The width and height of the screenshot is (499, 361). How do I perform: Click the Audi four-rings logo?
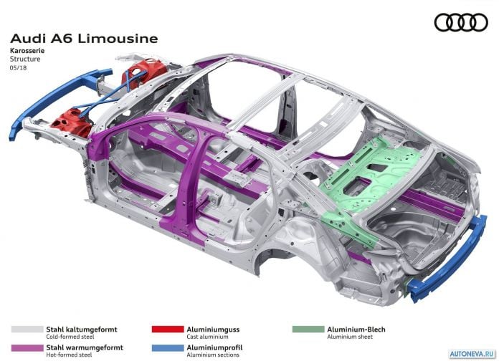click(x=461, y=22)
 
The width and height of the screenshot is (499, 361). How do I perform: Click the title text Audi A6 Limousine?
click(x=84, y=39)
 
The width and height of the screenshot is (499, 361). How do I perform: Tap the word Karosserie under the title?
click(x=27, y=51)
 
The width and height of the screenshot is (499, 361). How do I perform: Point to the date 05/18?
click(x=19, y=68)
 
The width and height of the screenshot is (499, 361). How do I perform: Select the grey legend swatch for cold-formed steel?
click(x=27, y=329)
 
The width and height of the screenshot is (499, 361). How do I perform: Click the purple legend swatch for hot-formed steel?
click(x=27, y=348)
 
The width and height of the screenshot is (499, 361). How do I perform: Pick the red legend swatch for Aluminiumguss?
click(x=168, y=329)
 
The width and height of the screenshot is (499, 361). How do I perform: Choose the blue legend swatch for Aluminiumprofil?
click(x=168, y=348)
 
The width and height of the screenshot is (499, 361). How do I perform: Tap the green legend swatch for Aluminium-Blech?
click(x=308, y=329)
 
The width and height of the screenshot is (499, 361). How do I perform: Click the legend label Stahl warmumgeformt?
click(x=85, y=347)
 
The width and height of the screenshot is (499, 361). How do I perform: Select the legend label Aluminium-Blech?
click(x=356, y=329)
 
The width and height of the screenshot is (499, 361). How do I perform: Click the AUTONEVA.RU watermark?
click(x=472, y=354)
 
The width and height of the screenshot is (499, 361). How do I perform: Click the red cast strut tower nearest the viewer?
click(x=72, y=122)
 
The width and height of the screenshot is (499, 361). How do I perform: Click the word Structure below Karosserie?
click(x=25, y=59)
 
